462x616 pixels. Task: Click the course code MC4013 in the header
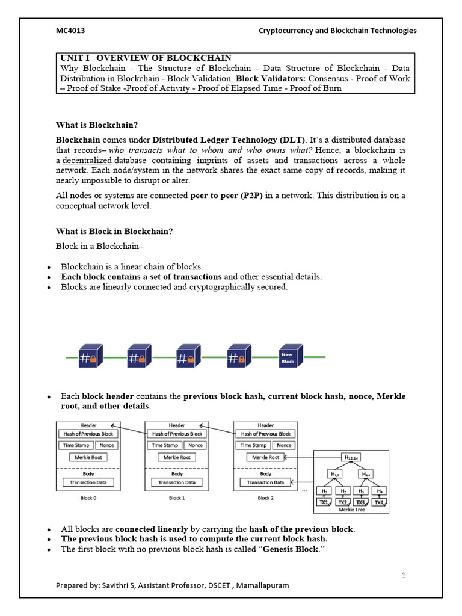click(x=66, y=31)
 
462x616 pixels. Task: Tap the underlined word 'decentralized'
click(x=87, y=161)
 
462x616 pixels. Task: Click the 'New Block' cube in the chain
click(x=288, y=357)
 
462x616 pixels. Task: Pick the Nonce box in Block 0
click(x=106, y=445)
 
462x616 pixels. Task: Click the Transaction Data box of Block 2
click(x=266, y=482)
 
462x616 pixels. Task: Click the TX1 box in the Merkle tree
click(x=324, y=502)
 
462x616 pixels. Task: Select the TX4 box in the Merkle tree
click(x=379, y=502)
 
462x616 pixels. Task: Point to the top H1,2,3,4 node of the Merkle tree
click(x=351, y=457)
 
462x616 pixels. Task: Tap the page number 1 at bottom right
click(x=404, y=575)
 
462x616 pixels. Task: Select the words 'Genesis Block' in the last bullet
click(x=291, y=549)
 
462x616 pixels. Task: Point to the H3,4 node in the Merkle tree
click(x=365, y=474)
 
